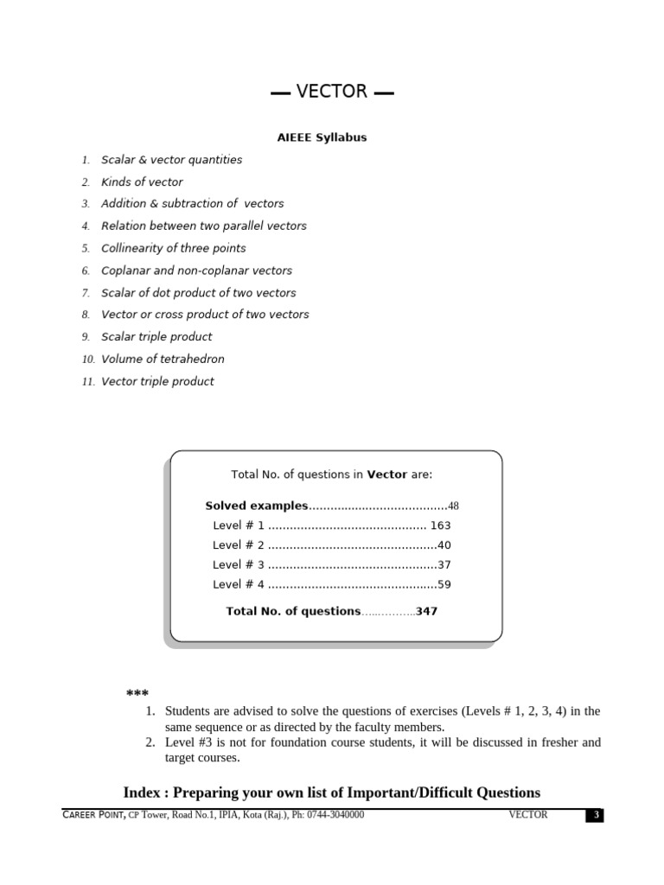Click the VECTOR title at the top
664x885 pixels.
pos(332,92)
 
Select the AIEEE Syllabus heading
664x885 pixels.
pos(322,137)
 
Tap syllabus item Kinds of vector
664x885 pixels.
pos(142,182)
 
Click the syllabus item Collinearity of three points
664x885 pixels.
pos(173,248)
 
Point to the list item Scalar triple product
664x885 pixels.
pos(156,337)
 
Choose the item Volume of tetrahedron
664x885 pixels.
pos(163,360)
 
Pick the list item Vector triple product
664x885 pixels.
pos(157,382)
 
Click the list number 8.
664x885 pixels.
pos(86,315)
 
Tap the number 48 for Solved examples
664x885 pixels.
pos(453,506)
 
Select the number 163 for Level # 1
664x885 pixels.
pos(440,525)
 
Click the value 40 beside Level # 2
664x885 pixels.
pos(444,545)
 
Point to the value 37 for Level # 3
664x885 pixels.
pos(444,565)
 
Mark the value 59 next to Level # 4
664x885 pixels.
pos(444,585)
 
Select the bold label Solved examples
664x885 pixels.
pos(256,506)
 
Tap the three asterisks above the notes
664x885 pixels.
pos(137,694)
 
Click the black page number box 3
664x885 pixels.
pos(594,816)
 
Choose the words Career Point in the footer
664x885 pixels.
pos(93,815)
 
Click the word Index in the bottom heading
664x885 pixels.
pos(142,793)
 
